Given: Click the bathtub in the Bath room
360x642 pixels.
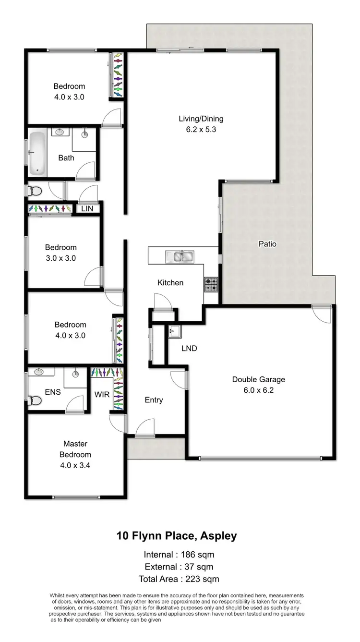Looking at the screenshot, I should (x=37, y=153).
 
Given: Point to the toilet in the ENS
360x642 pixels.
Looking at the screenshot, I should (x=34, y=400).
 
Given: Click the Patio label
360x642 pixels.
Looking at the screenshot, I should (x=267, y=243).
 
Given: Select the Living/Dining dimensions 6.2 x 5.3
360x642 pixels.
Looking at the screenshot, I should (x=194, y=129).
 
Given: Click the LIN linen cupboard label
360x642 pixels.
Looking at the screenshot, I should (x=86, y=208).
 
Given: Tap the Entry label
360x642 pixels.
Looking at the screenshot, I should (x=154, y=400).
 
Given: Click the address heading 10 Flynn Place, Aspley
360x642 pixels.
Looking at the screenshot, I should (x=177, y=536).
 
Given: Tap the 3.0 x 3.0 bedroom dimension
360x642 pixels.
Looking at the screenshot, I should (x=60, y=258).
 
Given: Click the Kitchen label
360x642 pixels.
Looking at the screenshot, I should (x=170, y=283).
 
